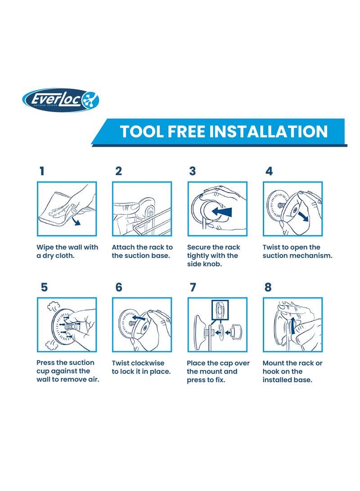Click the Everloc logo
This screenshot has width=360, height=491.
click(60, 100)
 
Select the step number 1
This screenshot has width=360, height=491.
click(42, 171)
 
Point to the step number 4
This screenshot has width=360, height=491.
click(269, 171)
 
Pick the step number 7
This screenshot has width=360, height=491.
click(193, 287)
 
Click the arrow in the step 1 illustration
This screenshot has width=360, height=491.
click(75, 221)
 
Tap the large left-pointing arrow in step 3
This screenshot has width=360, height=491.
click(222, 212)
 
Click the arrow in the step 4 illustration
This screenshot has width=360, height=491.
click(303, 216)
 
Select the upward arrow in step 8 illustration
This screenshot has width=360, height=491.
click(293, 325)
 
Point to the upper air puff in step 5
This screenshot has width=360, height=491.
click(54, 306)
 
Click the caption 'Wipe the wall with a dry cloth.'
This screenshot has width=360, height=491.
click(67, 252)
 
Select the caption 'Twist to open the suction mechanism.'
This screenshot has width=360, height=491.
click(297, 252)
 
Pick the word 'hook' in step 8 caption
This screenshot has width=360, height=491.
click(271, 371)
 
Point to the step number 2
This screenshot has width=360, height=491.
click(118, 171)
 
